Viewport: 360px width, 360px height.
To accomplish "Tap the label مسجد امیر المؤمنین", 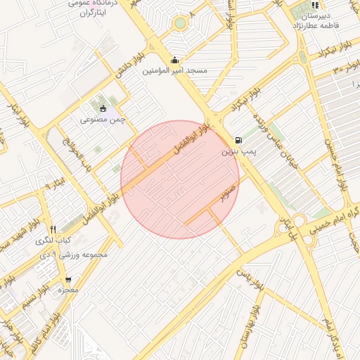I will pyautogui.click(x=175, y=71).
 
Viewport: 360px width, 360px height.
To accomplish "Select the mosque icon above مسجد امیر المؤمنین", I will pyautogui.click(x=175, y=60).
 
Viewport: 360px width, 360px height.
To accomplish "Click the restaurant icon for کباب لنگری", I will pyautogui.click(x=53, y=229).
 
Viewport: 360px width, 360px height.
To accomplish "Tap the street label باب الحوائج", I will pyautogui.click(x=77, y=152).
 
